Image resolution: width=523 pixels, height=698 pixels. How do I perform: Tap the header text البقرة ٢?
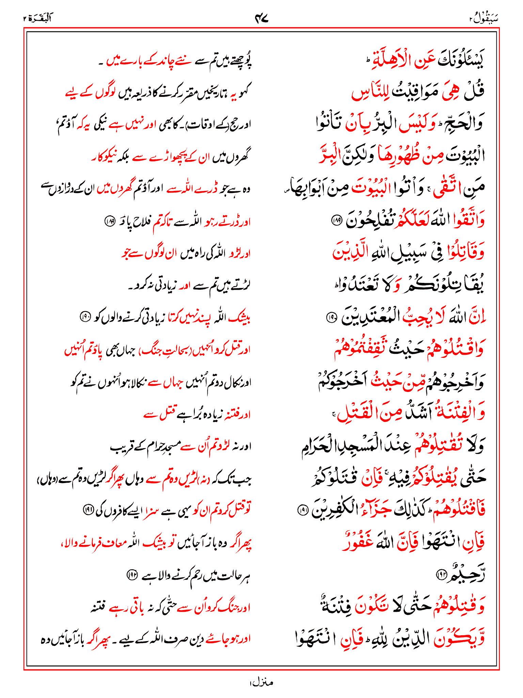click(x=38, y=18)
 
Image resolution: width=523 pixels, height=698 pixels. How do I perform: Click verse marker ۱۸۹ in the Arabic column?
click(x=336, y=221)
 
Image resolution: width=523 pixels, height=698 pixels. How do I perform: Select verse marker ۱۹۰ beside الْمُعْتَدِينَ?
click(x=331, y=318)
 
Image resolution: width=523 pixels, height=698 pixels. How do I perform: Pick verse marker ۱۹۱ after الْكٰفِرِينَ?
click(x=302, y=510)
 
